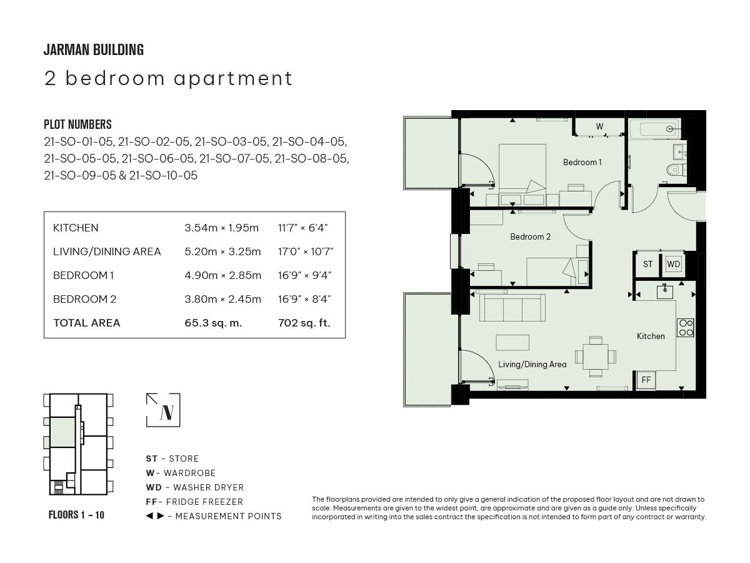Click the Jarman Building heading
pyautogui.click(x=94, y=50)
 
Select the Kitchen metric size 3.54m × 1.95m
pyautogui.click(x=221, y=228)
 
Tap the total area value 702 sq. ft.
pyautogui.click(x=304, y=323)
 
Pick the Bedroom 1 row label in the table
pyautogui.click(x=83, y=275)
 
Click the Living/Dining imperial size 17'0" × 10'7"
pyautogui.click(x=306, y=251)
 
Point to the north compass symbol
pyautogui.click(x=163, y=410)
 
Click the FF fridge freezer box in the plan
pyautogui.click(x=646, y=380)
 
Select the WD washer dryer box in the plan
pyautogui.click(x=674, y=264)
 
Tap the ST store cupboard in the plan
pyautogui.click(x=647, y=264)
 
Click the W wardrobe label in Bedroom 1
pyautogui.click(x=599, y=126)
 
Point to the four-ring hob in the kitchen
pyautogui.click(x=686, y=328)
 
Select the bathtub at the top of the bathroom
pyautogui.click(x=654, y=129)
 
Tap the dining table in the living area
pyautogui.click(x=596, y=357)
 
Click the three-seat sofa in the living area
pyautogui.click(x=512, y=308)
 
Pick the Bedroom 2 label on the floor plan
pyautogui.click(x=530, y=236)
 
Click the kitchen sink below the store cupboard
pyautogui.click(x=664, y=292)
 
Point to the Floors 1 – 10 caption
pyautogui.click(x=76, y=515)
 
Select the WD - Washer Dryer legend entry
pyautogui.click(x=195, y=487)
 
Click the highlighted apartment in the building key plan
pyautogui.click(x=62, y=432)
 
